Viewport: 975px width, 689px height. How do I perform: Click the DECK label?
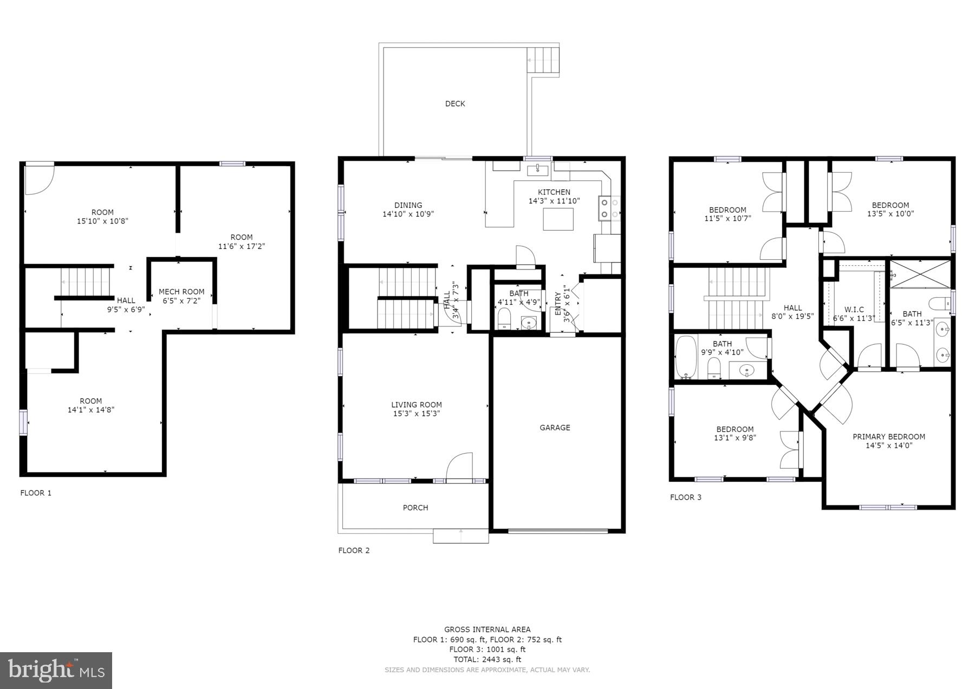(x=454, y=103)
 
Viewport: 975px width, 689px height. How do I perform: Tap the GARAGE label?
(x=555, y=428)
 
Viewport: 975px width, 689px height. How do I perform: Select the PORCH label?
(x=415, y=508)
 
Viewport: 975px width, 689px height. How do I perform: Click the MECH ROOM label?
(x=181, y=292)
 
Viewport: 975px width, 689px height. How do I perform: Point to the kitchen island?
(x=558, y=219)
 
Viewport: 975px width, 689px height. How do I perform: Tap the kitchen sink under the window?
(x=538, y=170)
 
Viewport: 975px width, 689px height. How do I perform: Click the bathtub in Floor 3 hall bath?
(x=685, y=357)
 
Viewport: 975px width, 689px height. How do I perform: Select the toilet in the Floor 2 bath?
(x=504, y=319)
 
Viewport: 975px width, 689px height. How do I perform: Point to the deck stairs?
(x=543, y=60)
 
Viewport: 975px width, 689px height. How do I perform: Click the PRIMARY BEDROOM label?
(x=888, y=437)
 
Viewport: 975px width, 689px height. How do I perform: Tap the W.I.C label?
(x=854, y=310)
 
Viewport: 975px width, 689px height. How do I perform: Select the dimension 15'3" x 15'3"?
(x=416, y=414)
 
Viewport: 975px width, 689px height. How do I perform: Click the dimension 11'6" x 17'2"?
(x=241, y=246)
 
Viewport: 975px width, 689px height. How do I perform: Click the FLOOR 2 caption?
(x=354, y=550)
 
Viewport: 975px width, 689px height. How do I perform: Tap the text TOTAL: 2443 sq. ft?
(x=487, y=659)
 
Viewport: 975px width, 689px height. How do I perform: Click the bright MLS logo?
(x=56, y=671)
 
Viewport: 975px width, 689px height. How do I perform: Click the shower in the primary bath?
(x=920, y=274)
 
